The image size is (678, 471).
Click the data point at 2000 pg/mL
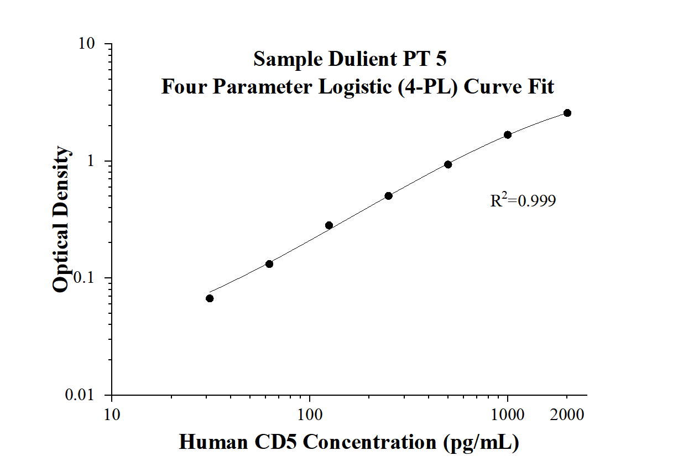pos(567,113)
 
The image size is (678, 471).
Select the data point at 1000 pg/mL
pos(508,134)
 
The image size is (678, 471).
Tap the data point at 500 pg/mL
pos(448,164)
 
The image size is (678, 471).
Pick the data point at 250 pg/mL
pos(388,196)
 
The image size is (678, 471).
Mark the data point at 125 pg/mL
pos(329,225)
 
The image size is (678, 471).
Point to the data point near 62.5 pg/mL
pos(269,264)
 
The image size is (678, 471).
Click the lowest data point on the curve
pos(210,298)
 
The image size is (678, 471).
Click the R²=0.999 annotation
pos(523,200)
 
